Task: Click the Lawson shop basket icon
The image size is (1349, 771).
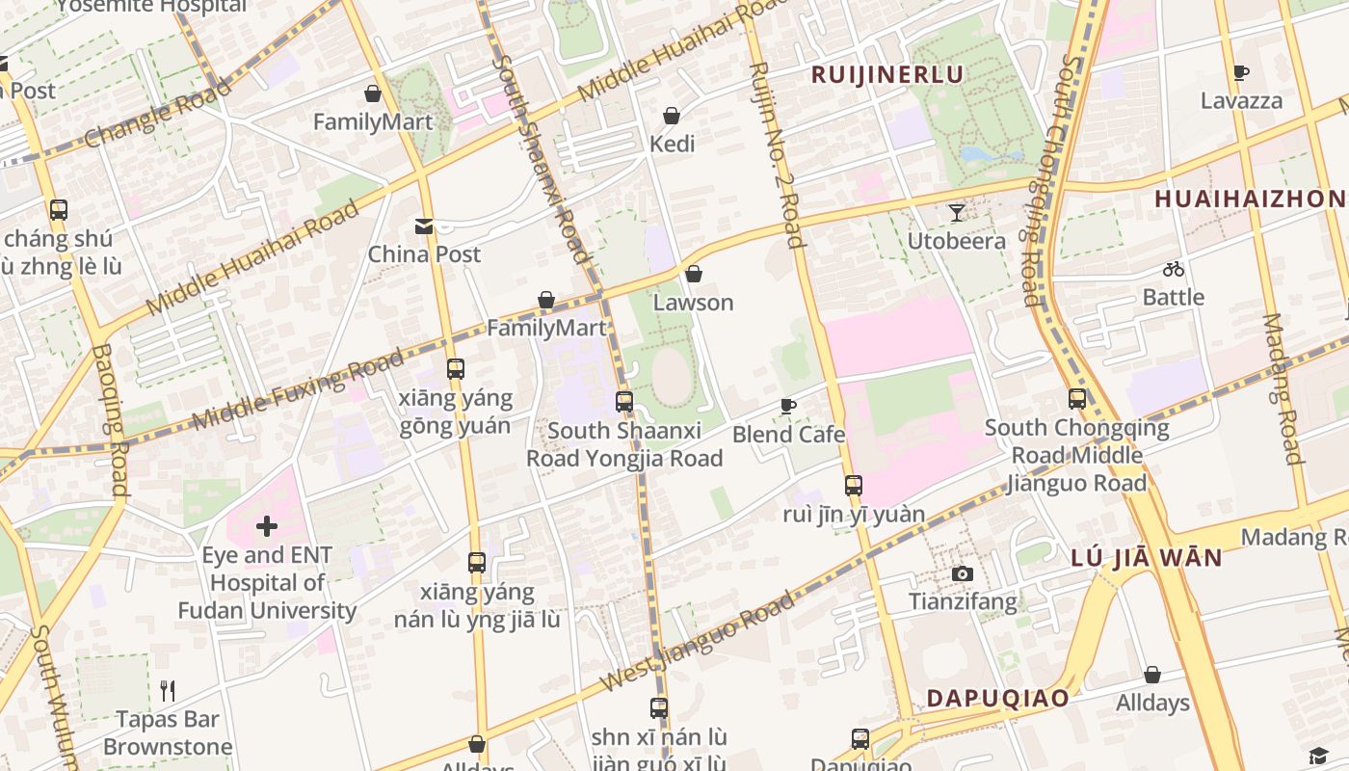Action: (693, 275)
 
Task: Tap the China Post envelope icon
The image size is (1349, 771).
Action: (424, 226)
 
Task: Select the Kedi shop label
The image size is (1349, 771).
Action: (672, 144)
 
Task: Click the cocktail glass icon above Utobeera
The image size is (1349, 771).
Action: (956, 213)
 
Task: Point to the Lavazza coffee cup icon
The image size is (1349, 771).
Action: (1241, 73)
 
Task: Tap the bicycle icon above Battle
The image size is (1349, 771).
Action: (1173, 270)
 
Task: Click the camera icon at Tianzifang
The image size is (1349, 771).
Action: (962, 574)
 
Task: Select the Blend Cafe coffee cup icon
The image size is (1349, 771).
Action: (787, 407)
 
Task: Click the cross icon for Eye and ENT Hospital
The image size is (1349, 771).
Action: (267, 526)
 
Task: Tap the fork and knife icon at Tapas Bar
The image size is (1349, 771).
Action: (168, 690)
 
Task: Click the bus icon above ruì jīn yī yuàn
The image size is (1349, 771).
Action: (853, 486)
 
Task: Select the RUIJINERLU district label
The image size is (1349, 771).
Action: (886, 74)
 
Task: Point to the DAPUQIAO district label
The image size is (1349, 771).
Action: (997, 698)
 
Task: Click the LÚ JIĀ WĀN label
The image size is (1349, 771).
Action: (1146, 557)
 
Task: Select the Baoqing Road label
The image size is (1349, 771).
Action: (111, 419)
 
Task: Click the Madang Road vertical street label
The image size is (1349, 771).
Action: (1282, 388)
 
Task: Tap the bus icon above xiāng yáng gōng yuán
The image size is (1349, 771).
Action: (456, 369)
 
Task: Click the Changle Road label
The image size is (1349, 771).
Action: (159, 113)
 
